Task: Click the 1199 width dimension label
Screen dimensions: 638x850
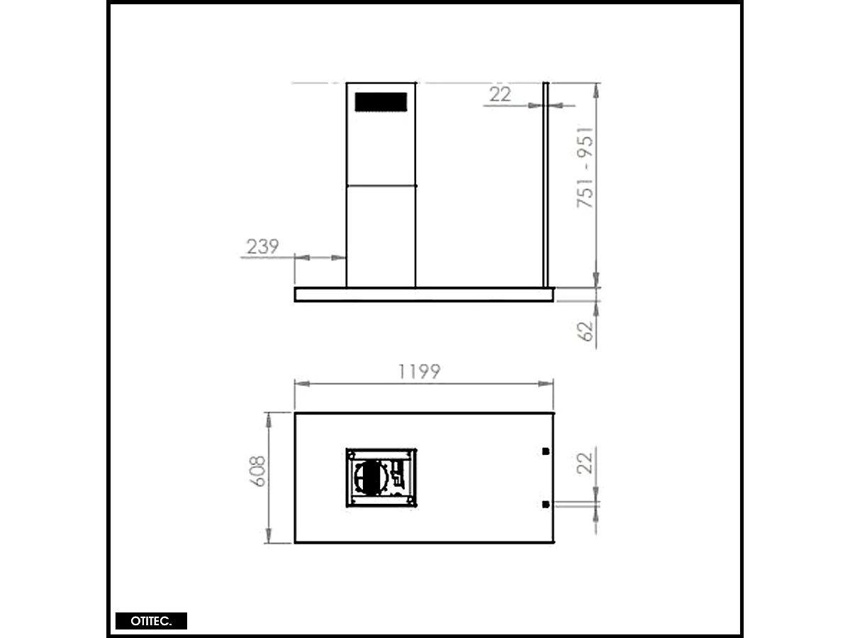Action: coord(419,371)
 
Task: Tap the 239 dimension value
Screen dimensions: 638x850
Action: coord(262,247)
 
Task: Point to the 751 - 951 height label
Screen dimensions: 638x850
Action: coord(586,167)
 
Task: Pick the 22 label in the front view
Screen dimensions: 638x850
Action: coord(500,94)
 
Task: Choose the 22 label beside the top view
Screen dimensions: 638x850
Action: coord(586,463)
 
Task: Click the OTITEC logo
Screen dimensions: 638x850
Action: coord(151,621)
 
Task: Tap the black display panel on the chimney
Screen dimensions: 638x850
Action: coord(381,101)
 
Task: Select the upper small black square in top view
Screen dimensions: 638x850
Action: coord(544,451)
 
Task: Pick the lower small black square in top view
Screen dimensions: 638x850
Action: coord(544,505)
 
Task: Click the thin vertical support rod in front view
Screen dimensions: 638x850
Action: coord(546,185)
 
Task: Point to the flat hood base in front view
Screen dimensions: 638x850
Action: coord(424,295)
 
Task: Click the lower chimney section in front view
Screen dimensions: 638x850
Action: coord(381,236)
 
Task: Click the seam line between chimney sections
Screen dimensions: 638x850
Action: coord(381,185)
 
